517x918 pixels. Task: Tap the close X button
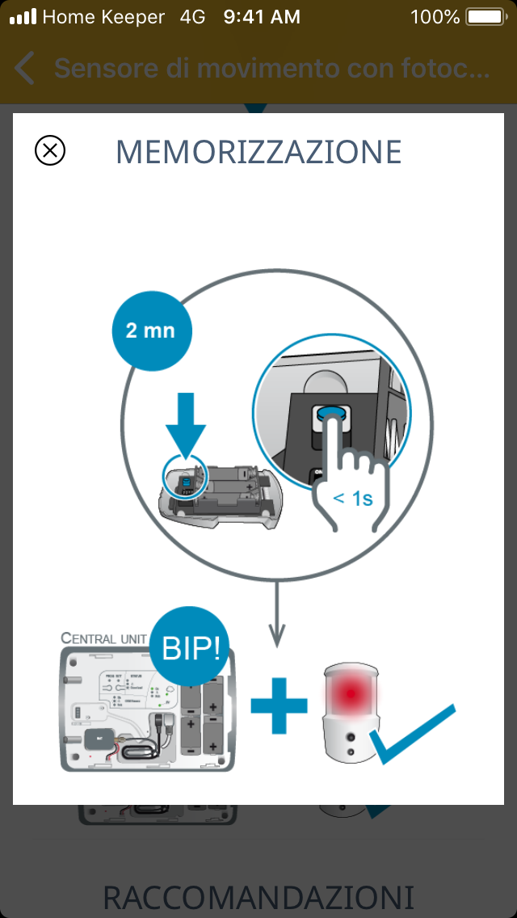point(50,150)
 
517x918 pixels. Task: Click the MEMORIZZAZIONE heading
point(258,152)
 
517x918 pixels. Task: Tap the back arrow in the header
point(24,69)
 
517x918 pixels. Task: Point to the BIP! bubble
point(190,646)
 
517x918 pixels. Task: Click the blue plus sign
point(279,705)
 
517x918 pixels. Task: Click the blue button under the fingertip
point(330,415)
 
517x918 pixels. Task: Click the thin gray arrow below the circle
point(277,614)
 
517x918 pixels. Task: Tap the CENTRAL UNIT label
point(103,638)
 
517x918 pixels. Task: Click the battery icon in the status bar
point(484,16)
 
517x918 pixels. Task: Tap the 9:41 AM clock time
point(262,16)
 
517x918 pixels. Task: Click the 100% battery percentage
point(435,16)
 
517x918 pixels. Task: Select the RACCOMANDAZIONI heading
point(258,897)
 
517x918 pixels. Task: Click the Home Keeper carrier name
point(103,16)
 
